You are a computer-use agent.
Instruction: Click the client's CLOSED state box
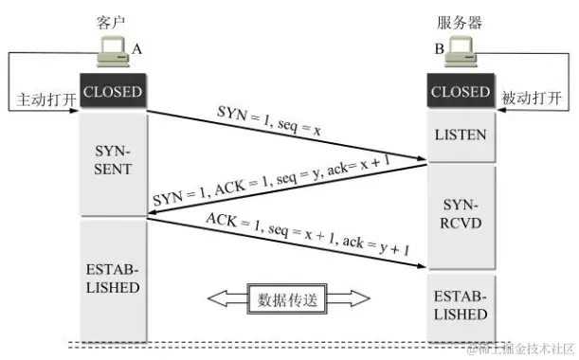click(113, 92)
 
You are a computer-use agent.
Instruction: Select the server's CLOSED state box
click(460, 92)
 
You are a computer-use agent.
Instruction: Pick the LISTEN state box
click(460, 135)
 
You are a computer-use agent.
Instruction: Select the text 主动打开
click(45, 98)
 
